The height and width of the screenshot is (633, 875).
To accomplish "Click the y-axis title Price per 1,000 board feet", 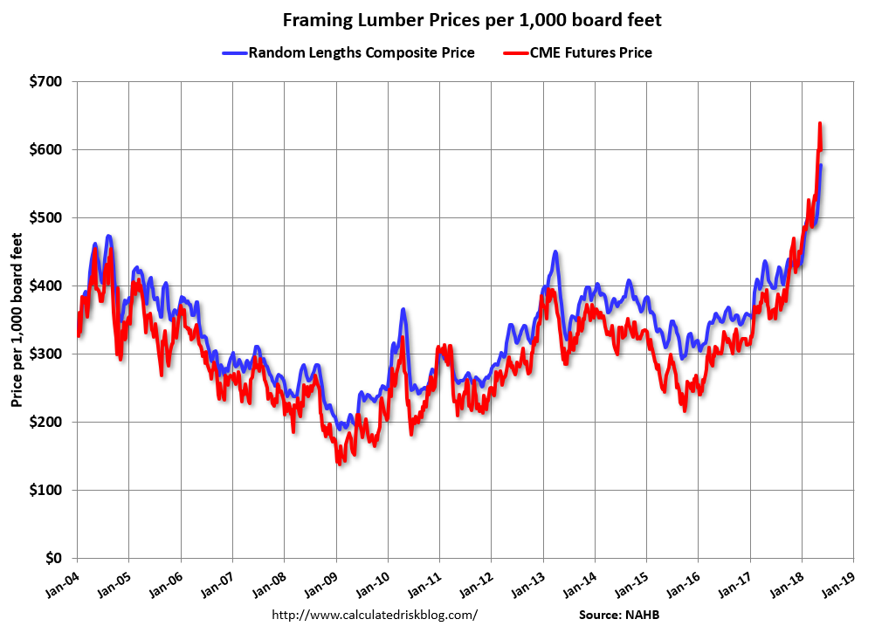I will coord(17,320).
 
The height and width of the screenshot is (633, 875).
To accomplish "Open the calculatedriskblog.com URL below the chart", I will coord(375,615).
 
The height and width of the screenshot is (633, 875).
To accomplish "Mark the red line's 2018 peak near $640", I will coord(820,124).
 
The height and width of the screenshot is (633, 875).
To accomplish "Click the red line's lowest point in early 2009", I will coord(339,464).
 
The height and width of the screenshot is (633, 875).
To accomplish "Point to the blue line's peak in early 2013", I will coord(555,252).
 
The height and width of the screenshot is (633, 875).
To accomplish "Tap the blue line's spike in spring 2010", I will coord(403,309).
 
